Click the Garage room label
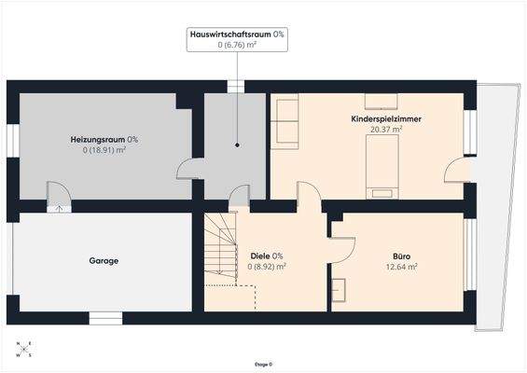[x=104, y=261]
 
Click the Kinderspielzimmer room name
[x=380, y=119]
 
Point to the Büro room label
[x=402, y=255]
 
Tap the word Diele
[x=260, y=256]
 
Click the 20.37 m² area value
[x=385, y=130]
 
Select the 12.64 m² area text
[x=402, y=266]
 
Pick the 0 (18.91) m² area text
[x=104, y=149]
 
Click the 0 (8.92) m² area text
[x=268, y=266]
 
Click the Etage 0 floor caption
[x=264, y=365]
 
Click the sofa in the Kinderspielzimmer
[x=284, y=121]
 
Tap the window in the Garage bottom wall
[x=105, y=318]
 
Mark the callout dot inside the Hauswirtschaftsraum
[x=236, y=145]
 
